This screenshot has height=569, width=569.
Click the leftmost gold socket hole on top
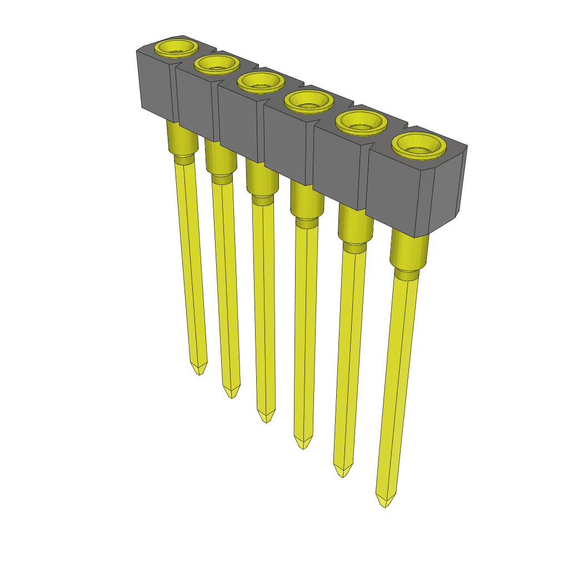[176, 48]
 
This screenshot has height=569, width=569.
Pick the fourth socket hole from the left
[308, 101]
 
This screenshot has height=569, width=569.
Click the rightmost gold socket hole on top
[420, 144]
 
